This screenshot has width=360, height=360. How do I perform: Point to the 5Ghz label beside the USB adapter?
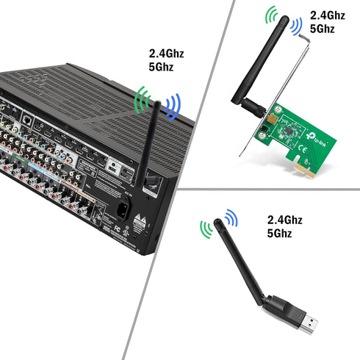click(x=281, y=234)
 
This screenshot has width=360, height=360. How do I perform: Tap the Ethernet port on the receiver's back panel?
click(x=26, y=117)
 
